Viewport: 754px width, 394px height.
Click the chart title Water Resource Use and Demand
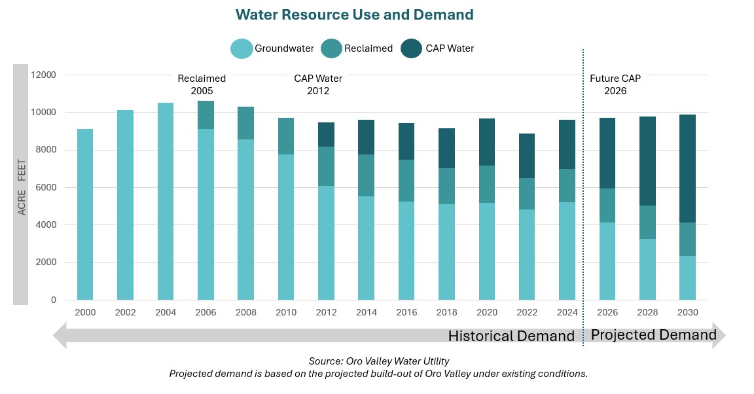(354, 14)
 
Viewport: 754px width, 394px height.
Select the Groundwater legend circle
(241, 48)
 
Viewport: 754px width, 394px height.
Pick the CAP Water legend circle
(412, 48)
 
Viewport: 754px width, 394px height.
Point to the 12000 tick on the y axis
(45, 75)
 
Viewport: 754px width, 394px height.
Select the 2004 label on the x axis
(166, 312)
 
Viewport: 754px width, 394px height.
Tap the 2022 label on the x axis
(527, 312)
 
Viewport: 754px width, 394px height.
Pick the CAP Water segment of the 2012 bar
(326, 134)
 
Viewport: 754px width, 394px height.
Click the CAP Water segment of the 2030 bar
(687, 168)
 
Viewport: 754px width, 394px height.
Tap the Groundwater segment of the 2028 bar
(647, 269)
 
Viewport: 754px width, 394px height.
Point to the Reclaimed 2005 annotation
(202, 84)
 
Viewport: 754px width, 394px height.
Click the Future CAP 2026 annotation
(615, 84)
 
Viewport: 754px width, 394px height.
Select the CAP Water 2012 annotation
(318, 84)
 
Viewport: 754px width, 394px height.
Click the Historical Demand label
(511, 336)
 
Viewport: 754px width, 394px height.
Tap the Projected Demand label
(653, 335)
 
